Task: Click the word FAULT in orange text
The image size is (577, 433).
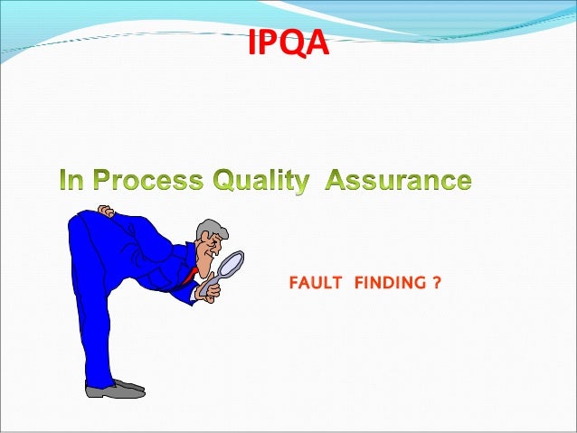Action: [x=315, y=284]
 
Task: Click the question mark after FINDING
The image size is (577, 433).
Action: [x=437, y=284]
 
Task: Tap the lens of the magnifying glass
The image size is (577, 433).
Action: [x=232, y=263]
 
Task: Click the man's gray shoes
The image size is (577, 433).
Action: [x=114, y=389]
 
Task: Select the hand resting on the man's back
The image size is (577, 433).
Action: [x=107, y=212]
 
